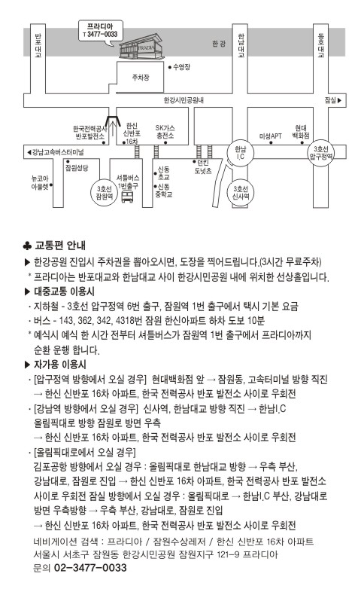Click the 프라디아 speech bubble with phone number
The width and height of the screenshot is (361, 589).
click(x=101, y=31)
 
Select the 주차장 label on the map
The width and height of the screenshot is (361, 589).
click(x=141, y=78)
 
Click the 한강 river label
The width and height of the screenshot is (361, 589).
click(x=219, y=44)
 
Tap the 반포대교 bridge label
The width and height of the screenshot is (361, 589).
click(x=38, y=45)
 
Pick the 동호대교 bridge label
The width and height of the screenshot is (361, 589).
click(x=321, y=45)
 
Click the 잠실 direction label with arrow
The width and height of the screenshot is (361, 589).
click(x=333, y=100)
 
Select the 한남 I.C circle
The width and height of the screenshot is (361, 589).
click(x=240, y=153)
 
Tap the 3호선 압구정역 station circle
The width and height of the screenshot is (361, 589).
click(x=321, y=152)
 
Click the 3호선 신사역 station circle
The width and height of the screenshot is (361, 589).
click(x=241, y=193)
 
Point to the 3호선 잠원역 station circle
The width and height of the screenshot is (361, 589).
click(x=105, y=193)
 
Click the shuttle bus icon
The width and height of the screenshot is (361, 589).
click(x=127, y=196)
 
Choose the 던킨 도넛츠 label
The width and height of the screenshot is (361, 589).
click(x=203, y=166)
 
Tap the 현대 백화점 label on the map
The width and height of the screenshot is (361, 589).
click(x=301, y=132)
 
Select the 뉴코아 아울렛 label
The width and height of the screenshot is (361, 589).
click(x=40, y=182)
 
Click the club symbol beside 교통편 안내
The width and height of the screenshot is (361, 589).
click(x=27, y=246)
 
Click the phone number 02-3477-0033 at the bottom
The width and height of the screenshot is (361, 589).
click(x=90, y=567)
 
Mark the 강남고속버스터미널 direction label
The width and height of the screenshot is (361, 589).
click(x=55, y=152)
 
